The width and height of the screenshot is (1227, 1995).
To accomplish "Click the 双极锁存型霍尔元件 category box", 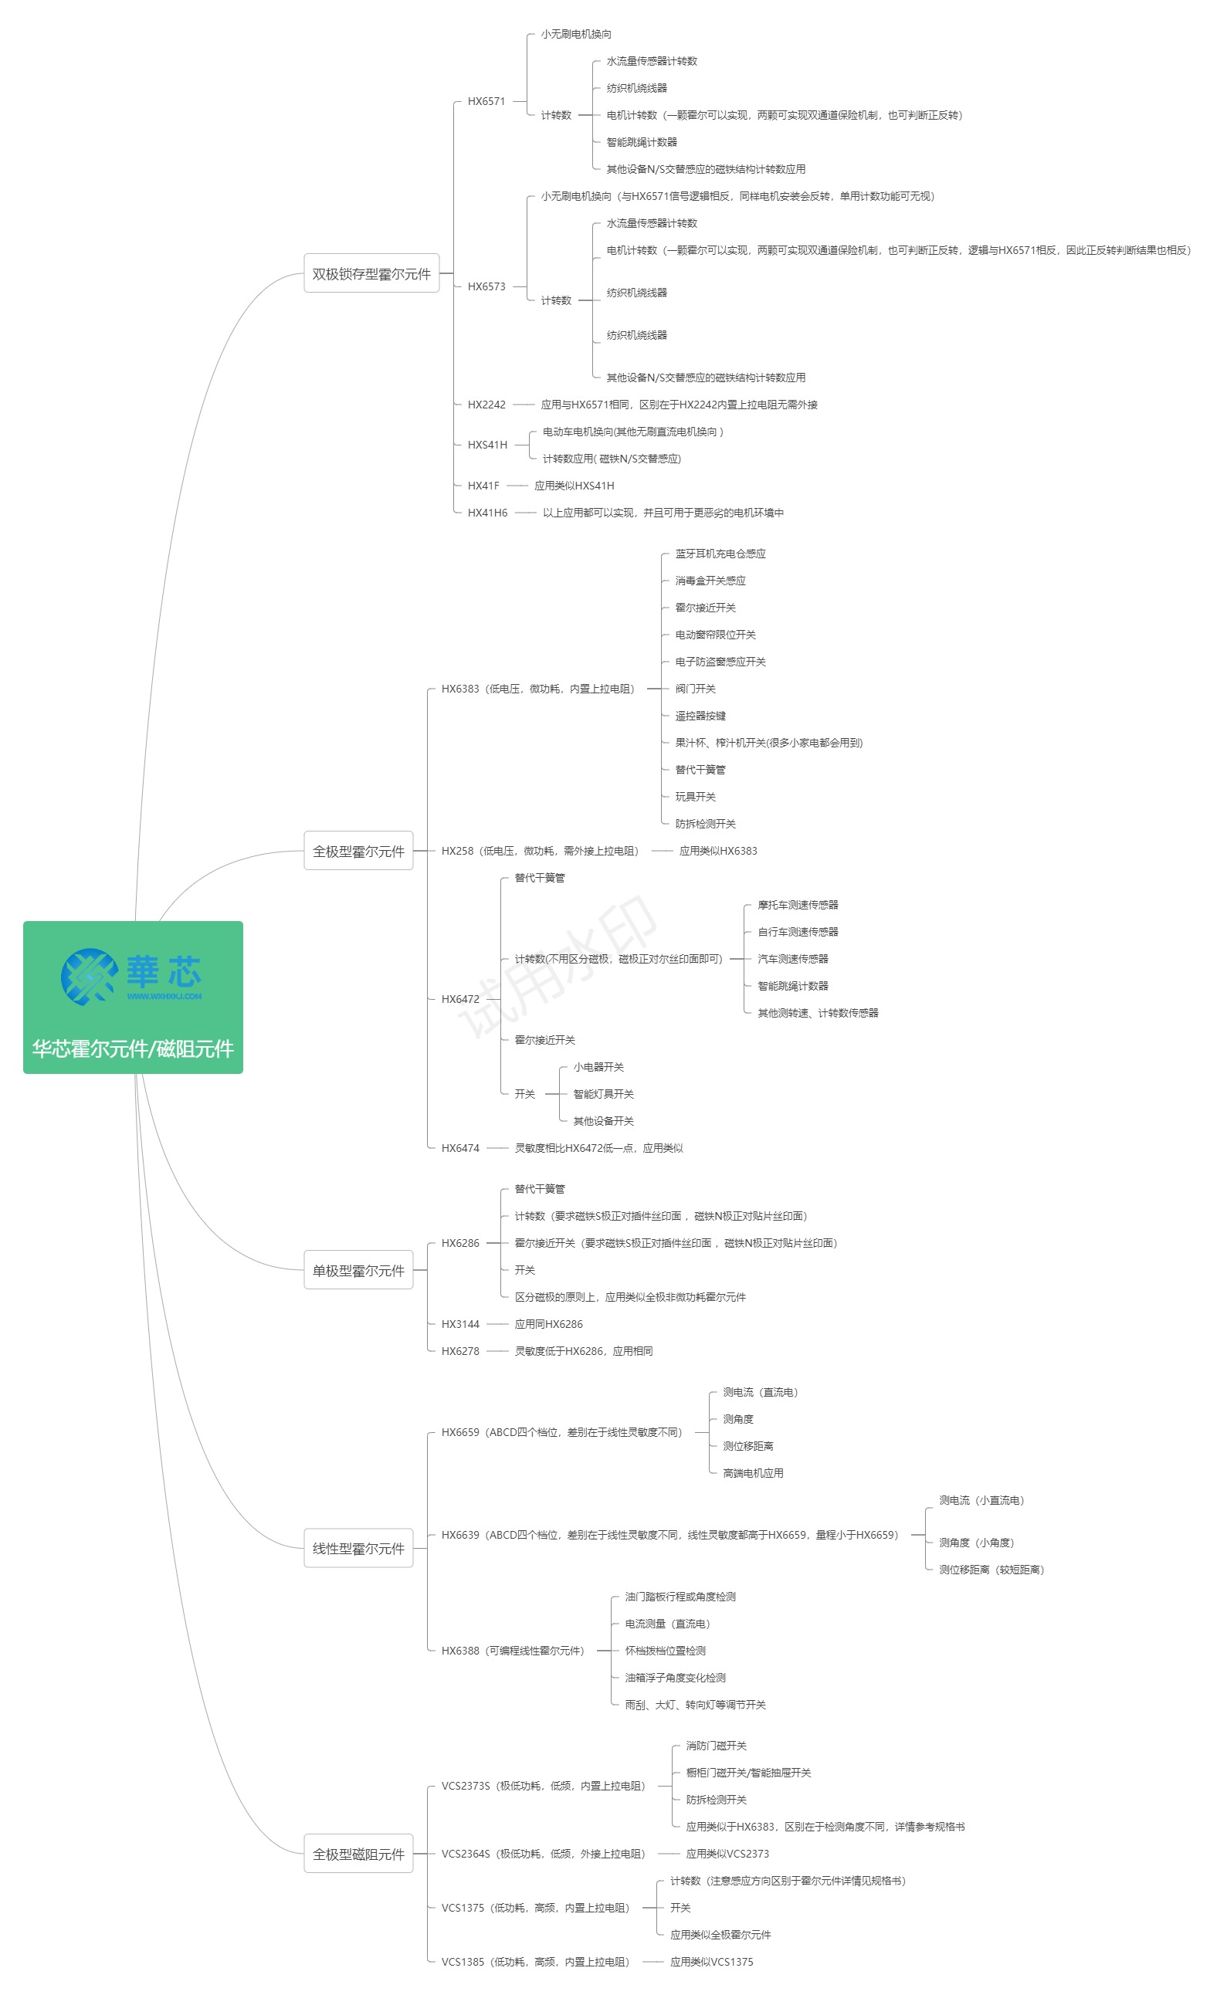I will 371,273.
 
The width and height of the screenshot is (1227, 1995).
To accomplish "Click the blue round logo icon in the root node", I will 89,976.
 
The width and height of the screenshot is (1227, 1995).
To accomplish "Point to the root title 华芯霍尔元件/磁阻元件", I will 133,1048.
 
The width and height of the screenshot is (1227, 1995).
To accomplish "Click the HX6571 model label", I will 486,101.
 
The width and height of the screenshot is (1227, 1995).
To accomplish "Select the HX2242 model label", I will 486,404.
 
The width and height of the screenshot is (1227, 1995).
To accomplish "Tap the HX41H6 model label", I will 487,513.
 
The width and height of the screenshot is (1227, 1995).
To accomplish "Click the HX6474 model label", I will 460,1148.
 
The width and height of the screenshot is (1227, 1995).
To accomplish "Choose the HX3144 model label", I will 460,1324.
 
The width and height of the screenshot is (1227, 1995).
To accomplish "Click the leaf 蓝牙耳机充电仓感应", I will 720,554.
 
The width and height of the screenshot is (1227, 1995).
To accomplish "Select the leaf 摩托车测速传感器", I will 798,905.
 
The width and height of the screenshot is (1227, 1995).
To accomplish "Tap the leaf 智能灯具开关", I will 603,1094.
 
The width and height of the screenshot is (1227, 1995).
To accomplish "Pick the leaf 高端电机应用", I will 753,1472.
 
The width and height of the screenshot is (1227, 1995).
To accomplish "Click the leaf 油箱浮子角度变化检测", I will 675,1678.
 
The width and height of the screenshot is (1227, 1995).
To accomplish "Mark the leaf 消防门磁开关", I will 716,1746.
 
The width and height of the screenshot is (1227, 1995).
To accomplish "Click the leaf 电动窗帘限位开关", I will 715,635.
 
